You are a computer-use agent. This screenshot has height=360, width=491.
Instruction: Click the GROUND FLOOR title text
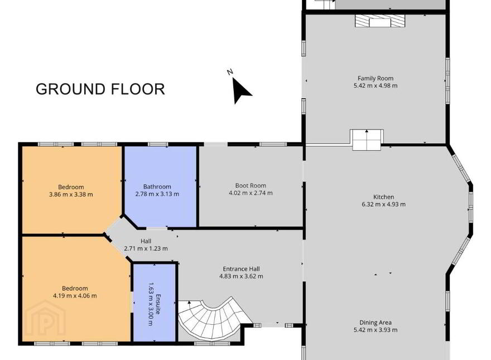[100, 89]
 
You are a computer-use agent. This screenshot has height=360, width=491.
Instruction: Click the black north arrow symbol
[241, 90]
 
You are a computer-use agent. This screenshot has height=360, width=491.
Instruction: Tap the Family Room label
[376, 78]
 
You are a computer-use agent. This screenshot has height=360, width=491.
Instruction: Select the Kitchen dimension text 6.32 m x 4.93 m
[384, 204]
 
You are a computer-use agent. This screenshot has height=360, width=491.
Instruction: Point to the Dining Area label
[375, 323]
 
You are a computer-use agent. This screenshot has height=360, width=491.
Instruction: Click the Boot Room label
[251, 186]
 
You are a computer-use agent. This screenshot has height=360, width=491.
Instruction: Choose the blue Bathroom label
[157, 187]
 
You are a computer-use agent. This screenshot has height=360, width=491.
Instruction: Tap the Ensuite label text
[158, 304]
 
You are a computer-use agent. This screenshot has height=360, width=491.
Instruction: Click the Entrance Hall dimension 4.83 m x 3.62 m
[241, 276]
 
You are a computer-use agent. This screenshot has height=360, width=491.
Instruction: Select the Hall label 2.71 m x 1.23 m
[146, 244]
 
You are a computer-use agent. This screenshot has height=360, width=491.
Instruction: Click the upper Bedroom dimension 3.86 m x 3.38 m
[71, 194]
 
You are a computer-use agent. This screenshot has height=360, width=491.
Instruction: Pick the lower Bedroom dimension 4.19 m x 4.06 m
[75, 295]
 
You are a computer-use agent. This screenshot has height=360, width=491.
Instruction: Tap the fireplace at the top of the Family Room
[380, 21]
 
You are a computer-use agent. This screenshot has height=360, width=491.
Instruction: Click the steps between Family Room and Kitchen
[367, 140]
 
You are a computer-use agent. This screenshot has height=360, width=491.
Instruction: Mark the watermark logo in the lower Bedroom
[45, 319]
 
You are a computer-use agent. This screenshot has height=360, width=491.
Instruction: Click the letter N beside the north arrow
[230, 72]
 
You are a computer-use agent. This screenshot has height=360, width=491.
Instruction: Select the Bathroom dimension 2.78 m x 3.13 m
[157, 194]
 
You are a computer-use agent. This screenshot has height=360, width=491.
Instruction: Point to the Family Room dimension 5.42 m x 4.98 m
[376, 85]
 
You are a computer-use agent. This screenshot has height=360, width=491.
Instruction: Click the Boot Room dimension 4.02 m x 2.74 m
[251, 193]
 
